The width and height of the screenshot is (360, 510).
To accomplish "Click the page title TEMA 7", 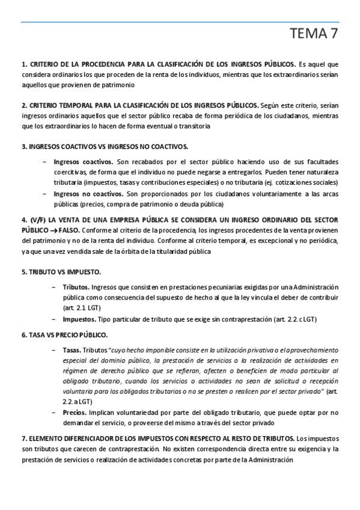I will pyautogui.click(x=313, y=34).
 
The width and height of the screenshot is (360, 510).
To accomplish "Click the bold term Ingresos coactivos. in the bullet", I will pyautogui.click(x=83, y=162).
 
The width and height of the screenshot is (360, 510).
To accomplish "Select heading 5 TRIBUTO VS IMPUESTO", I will pyautogui.click(x=61, y=272).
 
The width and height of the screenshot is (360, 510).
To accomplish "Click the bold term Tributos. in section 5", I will pyautogui.click(x=76, y=287).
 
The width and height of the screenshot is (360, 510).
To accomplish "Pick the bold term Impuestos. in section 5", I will pyautogui.click(x=79, y=319).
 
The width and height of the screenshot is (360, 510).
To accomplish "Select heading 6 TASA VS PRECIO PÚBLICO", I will pyautogui.click(x=64, y=334).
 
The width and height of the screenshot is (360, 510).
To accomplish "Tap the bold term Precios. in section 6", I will pyautogui.click(x=75, y=413).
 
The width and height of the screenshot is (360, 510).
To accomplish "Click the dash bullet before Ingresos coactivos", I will pyautogui.click(x=46, y=162).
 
